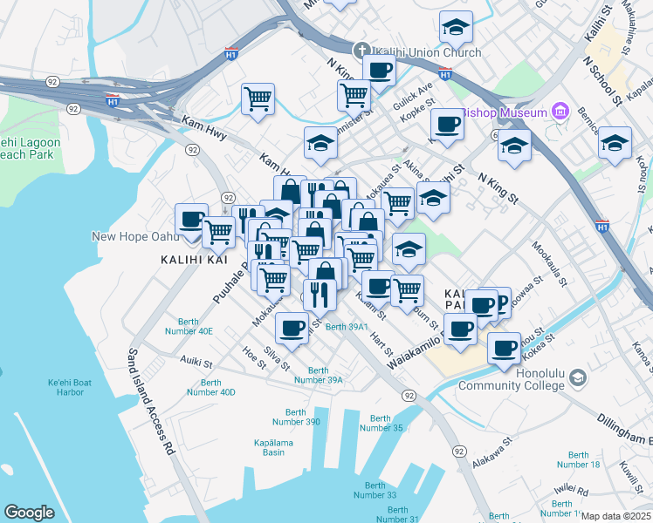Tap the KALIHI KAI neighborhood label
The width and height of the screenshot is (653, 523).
188,260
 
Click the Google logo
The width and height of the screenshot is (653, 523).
29,513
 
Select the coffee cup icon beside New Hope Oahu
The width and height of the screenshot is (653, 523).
191,221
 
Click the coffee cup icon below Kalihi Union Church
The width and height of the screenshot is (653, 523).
379,71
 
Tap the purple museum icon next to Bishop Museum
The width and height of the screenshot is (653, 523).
560,112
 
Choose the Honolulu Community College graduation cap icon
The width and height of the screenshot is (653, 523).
577,378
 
